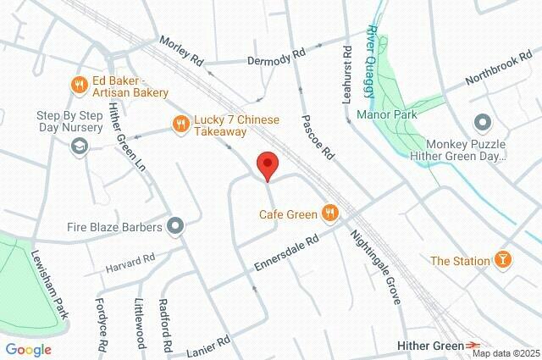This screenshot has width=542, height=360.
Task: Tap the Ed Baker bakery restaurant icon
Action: point(79,84)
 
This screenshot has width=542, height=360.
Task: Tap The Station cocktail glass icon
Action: point(503,260)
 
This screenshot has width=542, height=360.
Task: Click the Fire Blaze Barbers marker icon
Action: point(176,226)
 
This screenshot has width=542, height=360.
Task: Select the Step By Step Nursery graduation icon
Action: point(79,147)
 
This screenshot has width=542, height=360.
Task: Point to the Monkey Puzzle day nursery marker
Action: point(484,124)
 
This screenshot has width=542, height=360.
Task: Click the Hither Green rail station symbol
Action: point(475,346)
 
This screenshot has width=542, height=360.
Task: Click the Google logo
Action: point(29,349)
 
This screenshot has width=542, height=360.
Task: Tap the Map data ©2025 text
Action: point(505,352)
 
